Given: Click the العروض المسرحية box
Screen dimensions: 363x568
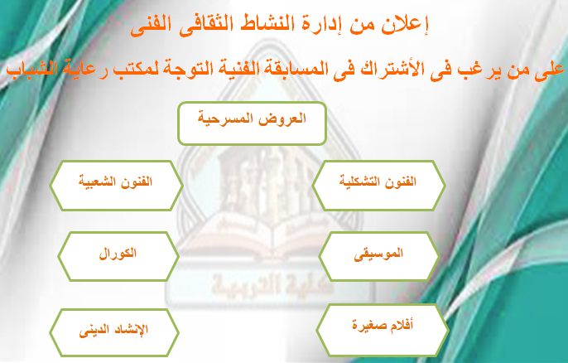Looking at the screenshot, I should click(x=252, y=123).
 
